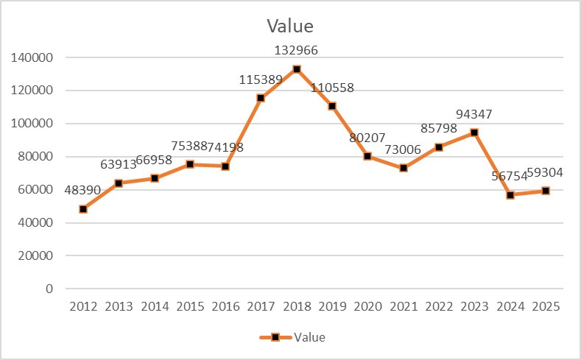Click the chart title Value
point(289,27)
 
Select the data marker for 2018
point(296,69)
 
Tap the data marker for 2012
point(83,209)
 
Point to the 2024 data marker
point(510,195)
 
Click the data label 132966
point(296,51)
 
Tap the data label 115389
point(261,80)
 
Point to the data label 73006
point(403,149)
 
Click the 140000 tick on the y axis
point(32,57)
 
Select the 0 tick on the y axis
point(49,289)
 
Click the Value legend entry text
point(309,338)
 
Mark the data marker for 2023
point(474,133)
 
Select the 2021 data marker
point(403,169)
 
